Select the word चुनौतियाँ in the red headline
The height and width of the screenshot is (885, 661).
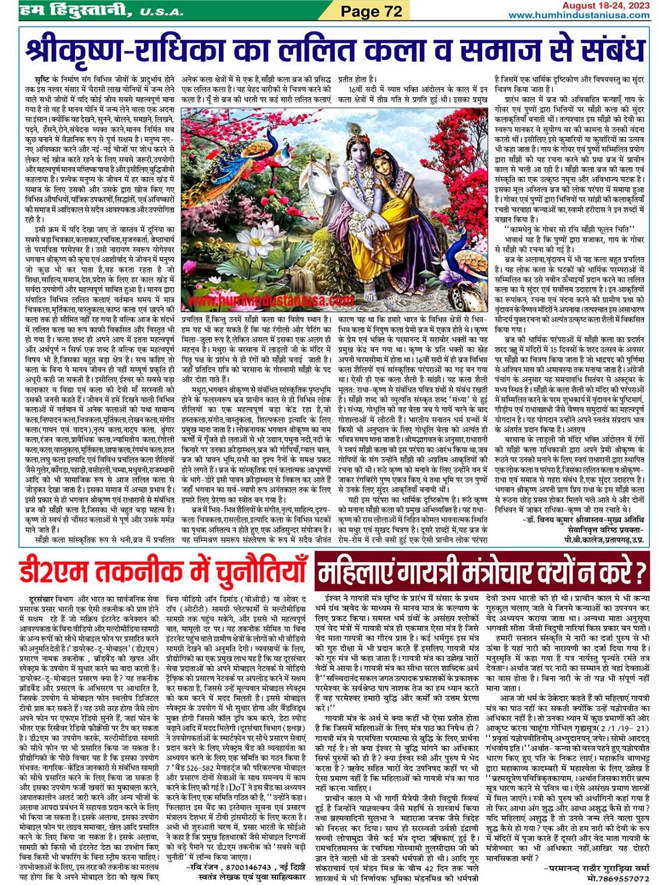[x=253, y=572]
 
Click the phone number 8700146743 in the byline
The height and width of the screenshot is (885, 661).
[x=243, y=867]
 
